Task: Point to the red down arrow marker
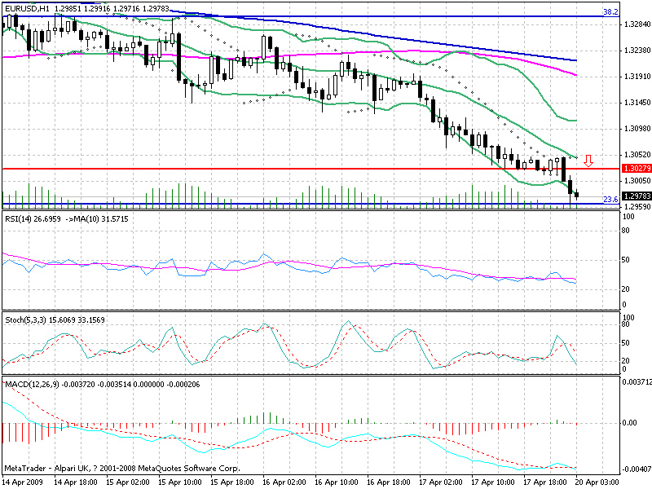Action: click(x=588, y=161)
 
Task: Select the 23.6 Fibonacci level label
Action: click(x=608, y=199)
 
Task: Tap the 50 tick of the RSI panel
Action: click(x=627, y=259)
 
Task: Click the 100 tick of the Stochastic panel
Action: click(x=628, y=316)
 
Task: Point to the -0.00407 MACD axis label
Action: click(x=637, y=469)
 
